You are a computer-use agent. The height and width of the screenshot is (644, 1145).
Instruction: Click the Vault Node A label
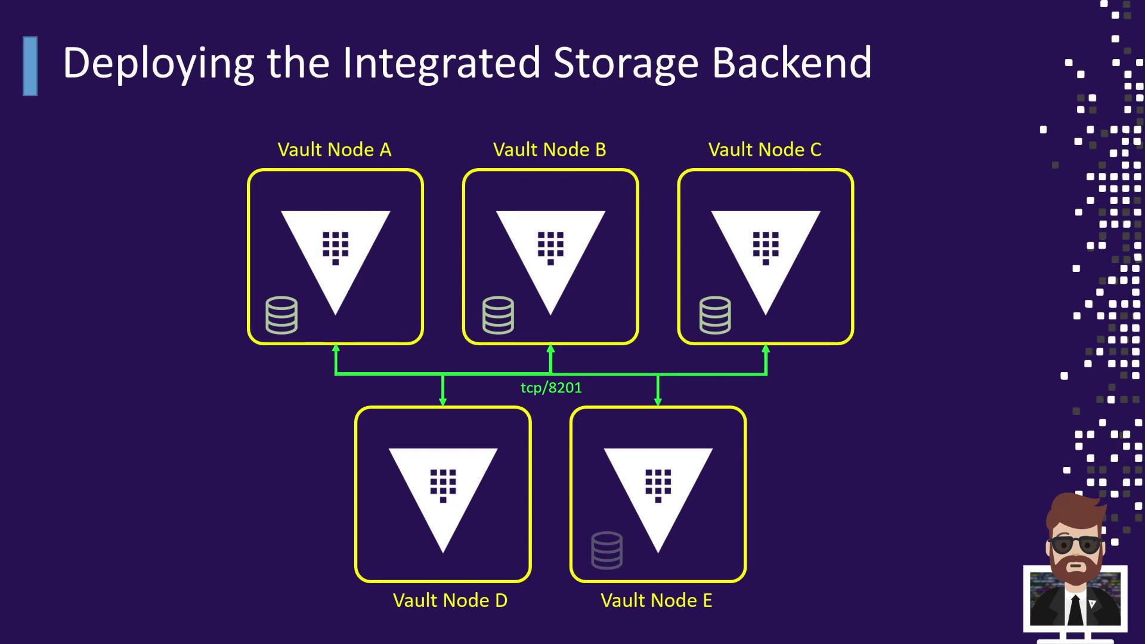[x=335, y=150]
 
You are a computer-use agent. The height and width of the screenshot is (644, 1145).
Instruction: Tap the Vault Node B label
[x=549, y=150]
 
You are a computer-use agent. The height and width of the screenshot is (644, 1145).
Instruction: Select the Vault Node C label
[x=765, y=150]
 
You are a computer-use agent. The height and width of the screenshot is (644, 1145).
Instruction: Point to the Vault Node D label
[x=450, y=600]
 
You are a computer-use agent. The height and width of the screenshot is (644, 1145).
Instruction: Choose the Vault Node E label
[x=656, y=600]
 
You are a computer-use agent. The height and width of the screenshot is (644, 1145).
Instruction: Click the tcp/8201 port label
[x=551, y=388]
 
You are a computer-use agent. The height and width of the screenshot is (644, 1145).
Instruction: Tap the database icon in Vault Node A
[x=281, y=315]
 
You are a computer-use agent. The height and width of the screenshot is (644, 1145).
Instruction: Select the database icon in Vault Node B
[x=498, y=315]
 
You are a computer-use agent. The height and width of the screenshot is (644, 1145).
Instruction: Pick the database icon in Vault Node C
[x=714, y=315]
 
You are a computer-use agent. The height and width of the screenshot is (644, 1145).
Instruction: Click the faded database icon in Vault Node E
[x=606, y=550]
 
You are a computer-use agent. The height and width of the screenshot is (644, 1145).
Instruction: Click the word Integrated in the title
[x=441, y=63]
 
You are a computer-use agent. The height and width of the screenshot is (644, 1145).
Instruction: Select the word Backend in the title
[x=791, y=63]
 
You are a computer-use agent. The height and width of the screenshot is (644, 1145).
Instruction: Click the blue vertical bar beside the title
[x=30, y=66]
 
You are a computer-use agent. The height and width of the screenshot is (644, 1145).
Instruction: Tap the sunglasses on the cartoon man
[x=1075, y=544]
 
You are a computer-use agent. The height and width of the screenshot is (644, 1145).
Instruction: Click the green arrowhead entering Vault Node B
[x=550, y=349]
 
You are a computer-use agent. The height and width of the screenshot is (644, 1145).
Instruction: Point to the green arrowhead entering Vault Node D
[x=442, y=401]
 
